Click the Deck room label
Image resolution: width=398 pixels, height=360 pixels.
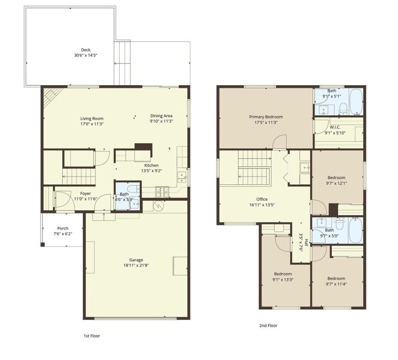coord(86,50)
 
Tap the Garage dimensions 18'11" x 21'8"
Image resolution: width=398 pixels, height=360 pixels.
coord(136,265)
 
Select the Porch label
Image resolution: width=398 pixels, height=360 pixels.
coord(63,228)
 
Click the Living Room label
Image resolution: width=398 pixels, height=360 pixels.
coord(92,118)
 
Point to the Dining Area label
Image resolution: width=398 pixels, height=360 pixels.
coord(161,116)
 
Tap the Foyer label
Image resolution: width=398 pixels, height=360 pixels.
coord(85,193)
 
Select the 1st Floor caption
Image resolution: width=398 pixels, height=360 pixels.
coord(92,336)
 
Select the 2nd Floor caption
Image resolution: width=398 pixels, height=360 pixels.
coord(268,325)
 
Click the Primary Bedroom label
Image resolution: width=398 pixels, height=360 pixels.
coord(265,117)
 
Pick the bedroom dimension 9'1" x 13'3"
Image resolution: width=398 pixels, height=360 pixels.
coord(283,279)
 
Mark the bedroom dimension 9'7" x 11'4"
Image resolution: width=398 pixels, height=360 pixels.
coord(336,284)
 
